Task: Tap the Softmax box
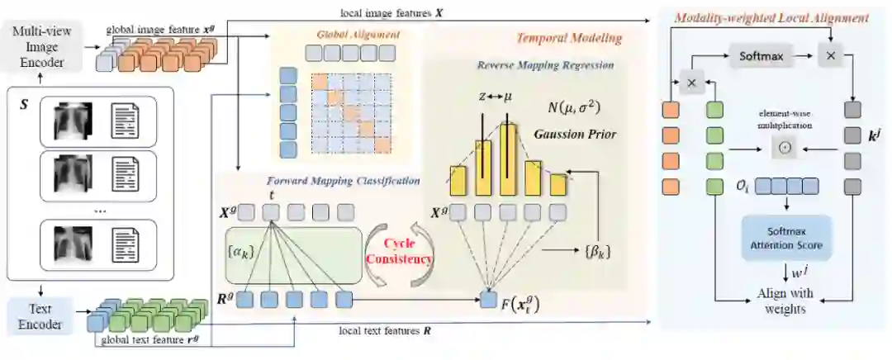click(759, 58)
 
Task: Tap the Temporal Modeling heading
click(569, 38)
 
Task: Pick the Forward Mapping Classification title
click(344, 181)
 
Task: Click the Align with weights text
click(784, 301)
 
